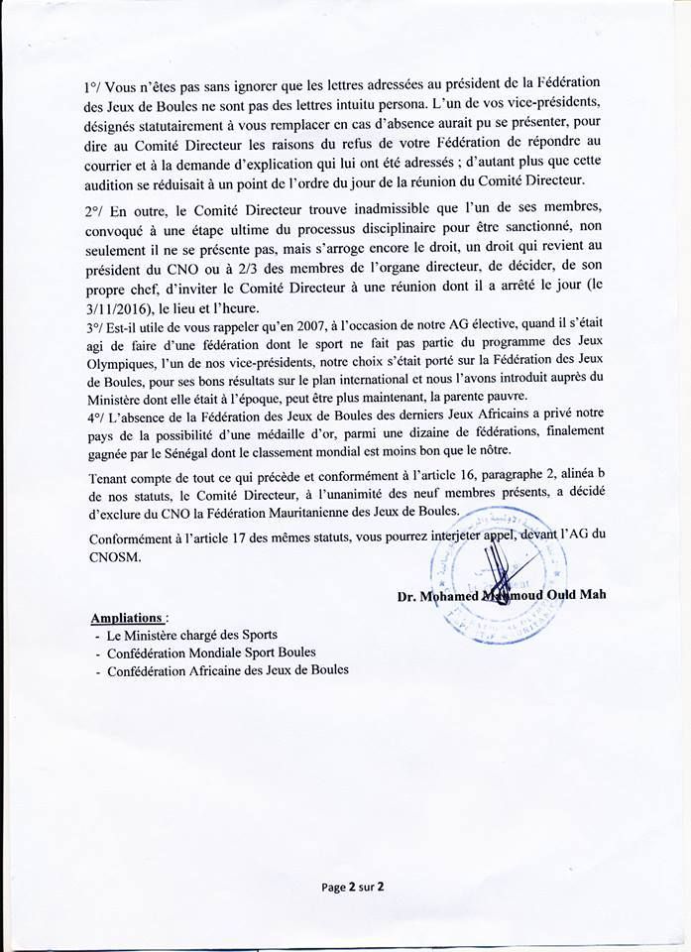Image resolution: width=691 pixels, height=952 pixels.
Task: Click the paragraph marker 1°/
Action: pos(95,87)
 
